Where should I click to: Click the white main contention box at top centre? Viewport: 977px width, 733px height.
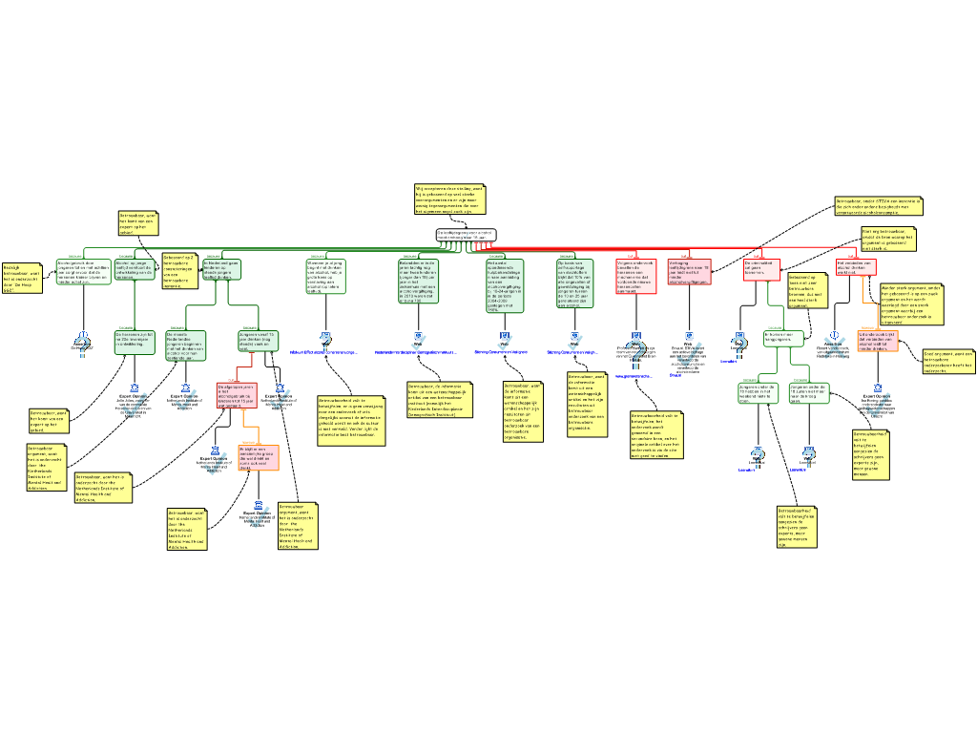pyautogui.click(x=467, y=235)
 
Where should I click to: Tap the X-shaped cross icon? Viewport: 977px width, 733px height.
pyautogui.click(x=835, y=347)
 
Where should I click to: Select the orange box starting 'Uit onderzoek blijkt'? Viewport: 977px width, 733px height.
pyautogui.click(x=877, y=341)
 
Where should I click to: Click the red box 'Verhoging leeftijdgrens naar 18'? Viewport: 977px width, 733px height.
pyautogui.click(x=689, y=271)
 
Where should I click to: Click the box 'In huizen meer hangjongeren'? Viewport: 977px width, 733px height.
pyautogui.click(x=783, y=338)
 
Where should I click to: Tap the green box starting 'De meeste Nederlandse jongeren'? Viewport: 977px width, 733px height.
pyautogui.click(x=186, y=346)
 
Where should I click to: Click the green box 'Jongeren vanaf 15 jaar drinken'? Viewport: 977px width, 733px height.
pyautogui.click(x=258, y=341)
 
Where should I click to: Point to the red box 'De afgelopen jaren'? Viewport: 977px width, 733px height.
pyautogui.click(x=236, y=395)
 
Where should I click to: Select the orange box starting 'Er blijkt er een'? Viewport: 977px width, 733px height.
pyautogui.click(x=258, y=457)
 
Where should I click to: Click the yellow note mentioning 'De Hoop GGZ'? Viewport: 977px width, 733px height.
pyautogui.click(x=21, y=277)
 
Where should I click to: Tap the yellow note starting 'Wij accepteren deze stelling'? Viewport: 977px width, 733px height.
pyautogui.click(x=449, y=200)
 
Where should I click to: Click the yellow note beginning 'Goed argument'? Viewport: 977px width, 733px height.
pyautogui.click(x=947, y=361)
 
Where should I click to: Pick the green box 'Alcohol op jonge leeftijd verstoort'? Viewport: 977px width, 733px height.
pyautogui.click(x=135, y=269)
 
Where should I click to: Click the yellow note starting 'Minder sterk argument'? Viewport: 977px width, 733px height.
pyautogui.click(x=911, y=304)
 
